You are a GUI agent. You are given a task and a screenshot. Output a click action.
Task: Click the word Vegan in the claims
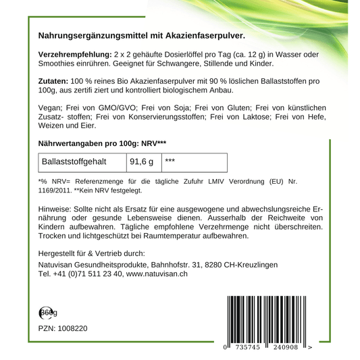pyautogui.click(x=49, y=107)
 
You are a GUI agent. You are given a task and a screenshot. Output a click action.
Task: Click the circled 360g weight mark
pyautogui.click(x=47, y=312)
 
